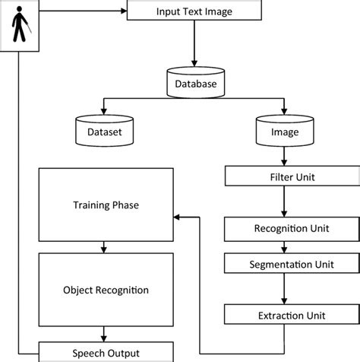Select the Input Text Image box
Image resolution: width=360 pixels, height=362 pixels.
pos(195,11)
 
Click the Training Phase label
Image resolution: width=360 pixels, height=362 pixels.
pos(106,205)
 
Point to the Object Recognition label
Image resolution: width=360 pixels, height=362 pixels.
pos(106,290)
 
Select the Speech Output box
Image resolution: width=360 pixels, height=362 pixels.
pos(106,352)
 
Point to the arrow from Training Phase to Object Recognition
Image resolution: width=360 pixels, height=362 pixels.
pos(106,247)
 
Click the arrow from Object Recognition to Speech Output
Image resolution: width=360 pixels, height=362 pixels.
pos(106,334)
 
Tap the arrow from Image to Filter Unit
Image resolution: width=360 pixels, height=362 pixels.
pos(283,157)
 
